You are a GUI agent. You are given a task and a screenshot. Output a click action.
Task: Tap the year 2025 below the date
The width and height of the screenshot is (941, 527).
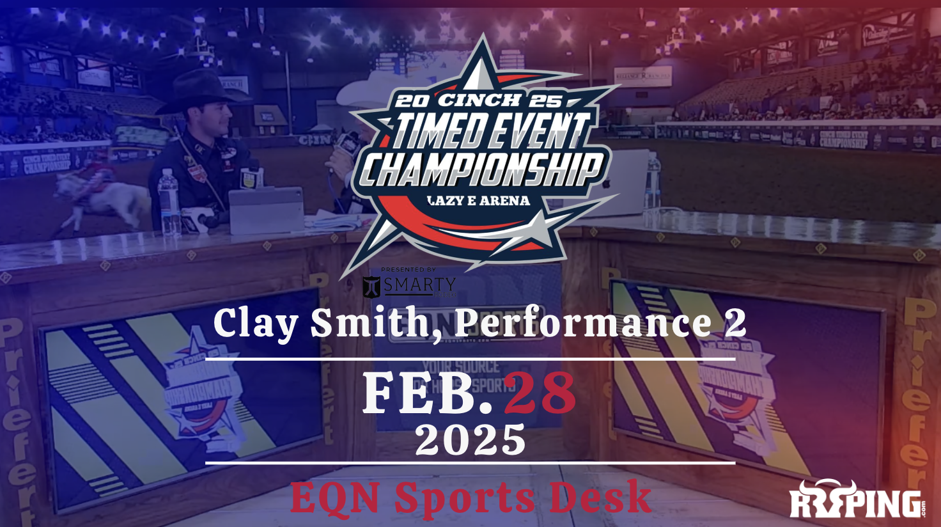[470, 439]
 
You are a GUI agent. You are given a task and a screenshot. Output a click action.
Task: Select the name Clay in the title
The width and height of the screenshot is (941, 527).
[255, 323]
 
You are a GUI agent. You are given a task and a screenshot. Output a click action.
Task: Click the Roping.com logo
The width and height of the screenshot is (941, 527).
[857, 499]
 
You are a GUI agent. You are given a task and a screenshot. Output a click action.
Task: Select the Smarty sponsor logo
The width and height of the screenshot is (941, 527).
[409, 285]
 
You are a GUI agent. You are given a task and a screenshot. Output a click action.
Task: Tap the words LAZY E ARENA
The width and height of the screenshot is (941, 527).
[478, 200]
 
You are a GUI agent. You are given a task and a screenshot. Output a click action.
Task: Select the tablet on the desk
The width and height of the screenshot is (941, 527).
[266, 210]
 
